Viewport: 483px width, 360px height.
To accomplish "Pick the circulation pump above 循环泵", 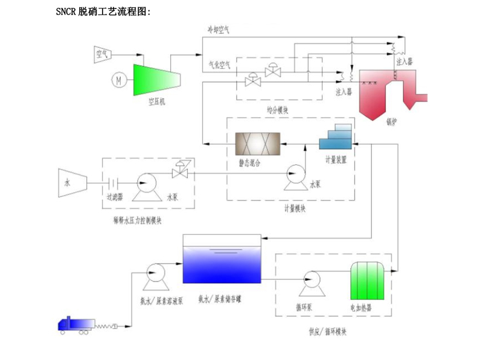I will (312, 280).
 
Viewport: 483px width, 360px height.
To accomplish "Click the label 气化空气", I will (219, 64).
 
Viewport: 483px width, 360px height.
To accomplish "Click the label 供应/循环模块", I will (327, 332).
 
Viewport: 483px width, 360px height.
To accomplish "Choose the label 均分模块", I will (278, 110).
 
